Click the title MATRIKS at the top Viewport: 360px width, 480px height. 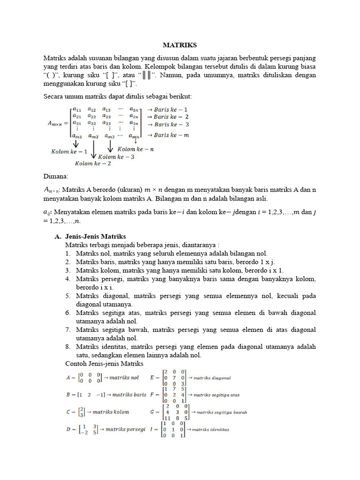click(180, 45)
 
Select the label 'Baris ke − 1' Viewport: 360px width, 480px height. click(168, 108)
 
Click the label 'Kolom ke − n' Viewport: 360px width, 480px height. click(136, 149)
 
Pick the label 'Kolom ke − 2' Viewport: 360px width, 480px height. click(94, 163)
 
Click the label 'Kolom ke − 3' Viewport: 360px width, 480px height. click(117, 157)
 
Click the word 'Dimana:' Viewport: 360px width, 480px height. click(56, 177)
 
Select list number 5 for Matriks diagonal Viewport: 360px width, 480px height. click(68, 296)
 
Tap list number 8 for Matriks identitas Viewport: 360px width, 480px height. click(68, 346)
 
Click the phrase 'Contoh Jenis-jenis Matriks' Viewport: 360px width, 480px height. click(104, 363)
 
